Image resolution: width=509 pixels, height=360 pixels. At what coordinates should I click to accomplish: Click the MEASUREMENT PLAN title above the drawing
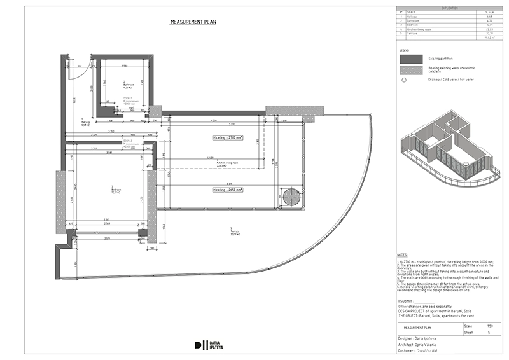193,22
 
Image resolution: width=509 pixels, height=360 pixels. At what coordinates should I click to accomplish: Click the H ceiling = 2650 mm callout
227,190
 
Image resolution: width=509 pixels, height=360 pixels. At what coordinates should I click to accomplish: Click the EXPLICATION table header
449,8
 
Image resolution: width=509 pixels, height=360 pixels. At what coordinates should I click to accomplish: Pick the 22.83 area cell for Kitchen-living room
489,29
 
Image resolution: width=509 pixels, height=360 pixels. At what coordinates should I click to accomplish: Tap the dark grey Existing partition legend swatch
411,59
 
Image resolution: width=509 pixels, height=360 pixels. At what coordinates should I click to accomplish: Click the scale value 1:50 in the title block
489,326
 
